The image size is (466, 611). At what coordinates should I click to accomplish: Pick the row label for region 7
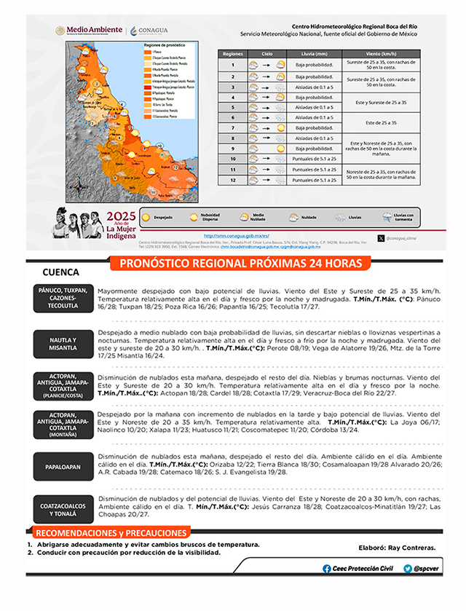pyautogui.click(x=233, y=127)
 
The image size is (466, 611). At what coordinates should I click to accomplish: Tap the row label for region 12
pyautogui.click(x=233, y=179)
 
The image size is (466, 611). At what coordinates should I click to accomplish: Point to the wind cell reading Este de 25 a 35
pyautogui.click(x=381, y=122)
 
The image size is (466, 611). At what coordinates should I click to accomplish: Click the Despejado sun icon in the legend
pyautogui.click(x=146, y=217)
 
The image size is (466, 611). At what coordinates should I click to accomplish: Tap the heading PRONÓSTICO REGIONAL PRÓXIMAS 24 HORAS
pyautogui.click(x=234, y=263)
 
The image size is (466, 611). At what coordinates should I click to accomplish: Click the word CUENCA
pyautogui.click(x=60, y=272)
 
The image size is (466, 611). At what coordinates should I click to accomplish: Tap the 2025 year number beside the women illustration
pyautogui.click(x=121, y=216)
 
